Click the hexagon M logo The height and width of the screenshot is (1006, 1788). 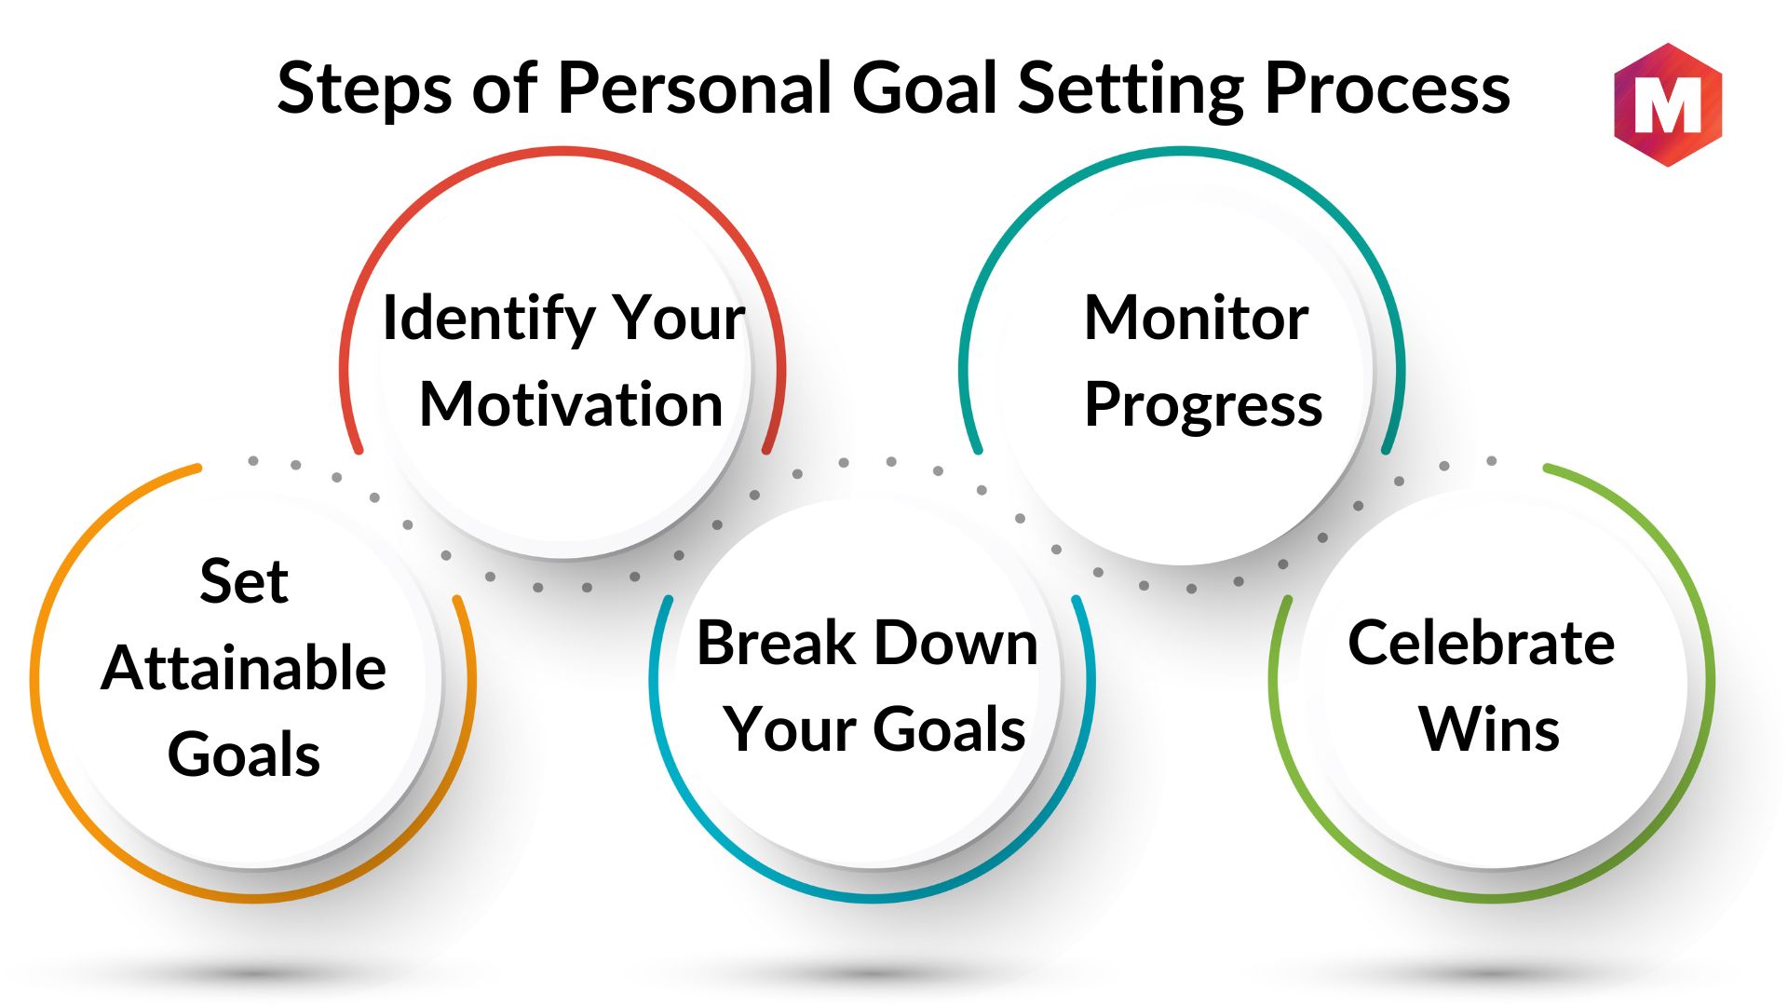tap(1668, 104)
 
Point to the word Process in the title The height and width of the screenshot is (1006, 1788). tap(1388, 88)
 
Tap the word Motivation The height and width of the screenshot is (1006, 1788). tap(571, 404)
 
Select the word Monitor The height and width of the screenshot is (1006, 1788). tap(1197, 318)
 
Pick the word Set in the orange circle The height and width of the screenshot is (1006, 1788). tap(244, 581)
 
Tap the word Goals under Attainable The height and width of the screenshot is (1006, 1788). tap(244, 754)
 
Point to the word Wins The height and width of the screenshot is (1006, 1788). tap(1489, 728)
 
